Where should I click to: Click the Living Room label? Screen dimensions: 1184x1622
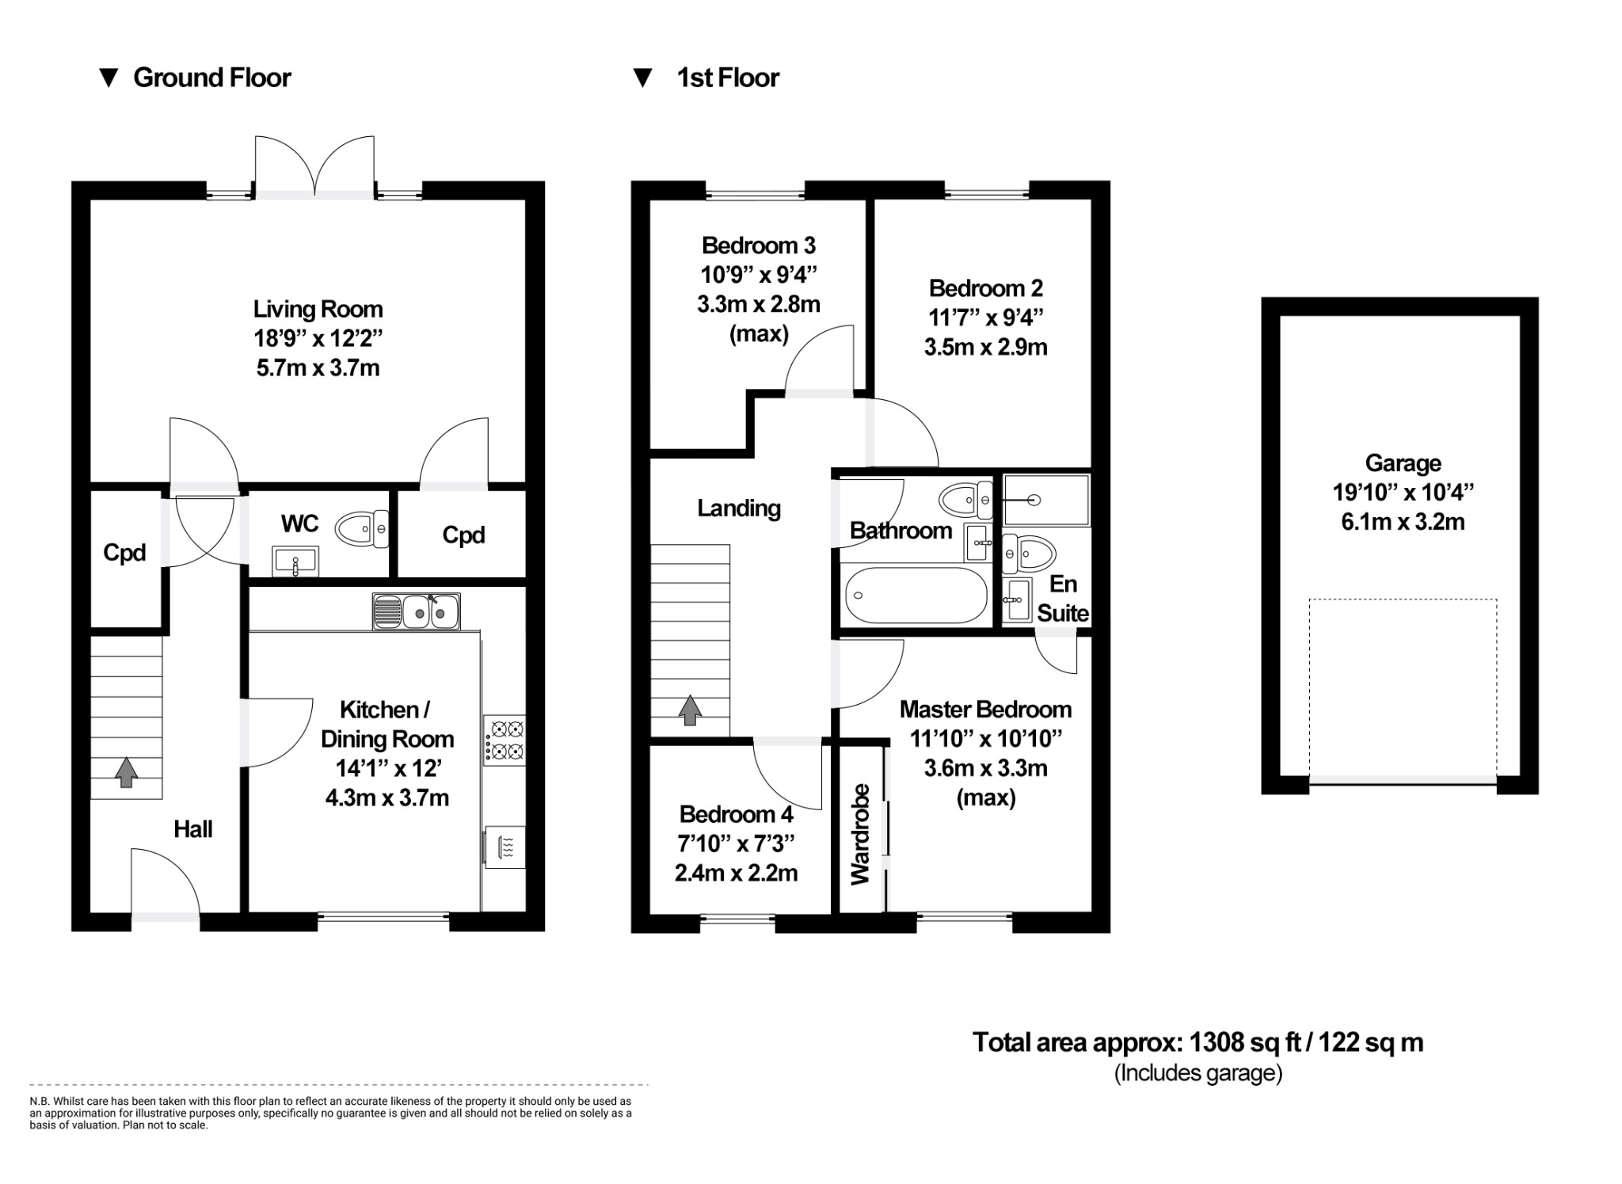(318, 309)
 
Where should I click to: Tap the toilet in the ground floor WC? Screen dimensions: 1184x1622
(361, 529)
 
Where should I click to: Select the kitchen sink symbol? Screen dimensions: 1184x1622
(417, 611)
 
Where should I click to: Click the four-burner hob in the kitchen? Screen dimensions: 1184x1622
(504, 740)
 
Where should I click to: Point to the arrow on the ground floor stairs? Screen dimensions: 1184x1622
(125, 773)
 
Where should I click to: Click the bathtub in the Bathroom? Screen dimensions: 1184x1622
(916, 596)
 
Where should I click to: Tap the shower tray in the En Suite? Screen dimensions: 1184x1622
(1046, 501)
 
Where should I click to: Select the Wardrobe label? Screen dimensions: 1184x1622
(860, 834)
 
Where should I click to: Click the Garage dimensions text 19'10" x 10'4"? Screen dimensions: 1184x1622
(1403, 493)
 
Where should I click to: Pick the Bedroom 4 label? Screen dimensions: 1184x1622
(736, 814)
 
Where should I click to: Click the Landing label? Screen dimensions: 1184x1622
(738, 508)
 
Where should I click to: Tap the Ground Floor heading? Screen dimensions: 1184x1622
(211, 78)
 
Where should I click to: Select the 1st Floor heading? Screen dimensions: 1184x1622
(727, 78)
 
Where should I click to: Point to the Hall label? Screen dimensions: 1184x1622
(192, 829)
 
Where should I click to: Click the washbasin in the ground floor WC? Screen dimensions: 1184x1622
(295, 562)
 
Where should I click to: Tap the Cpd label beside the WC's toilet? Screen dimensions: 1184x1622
(463, 535)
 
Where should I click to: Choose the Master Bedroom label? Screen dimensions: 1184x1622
(985, 710)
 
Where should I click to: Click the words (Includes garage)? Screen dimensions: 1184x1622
(1197, 1073)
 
